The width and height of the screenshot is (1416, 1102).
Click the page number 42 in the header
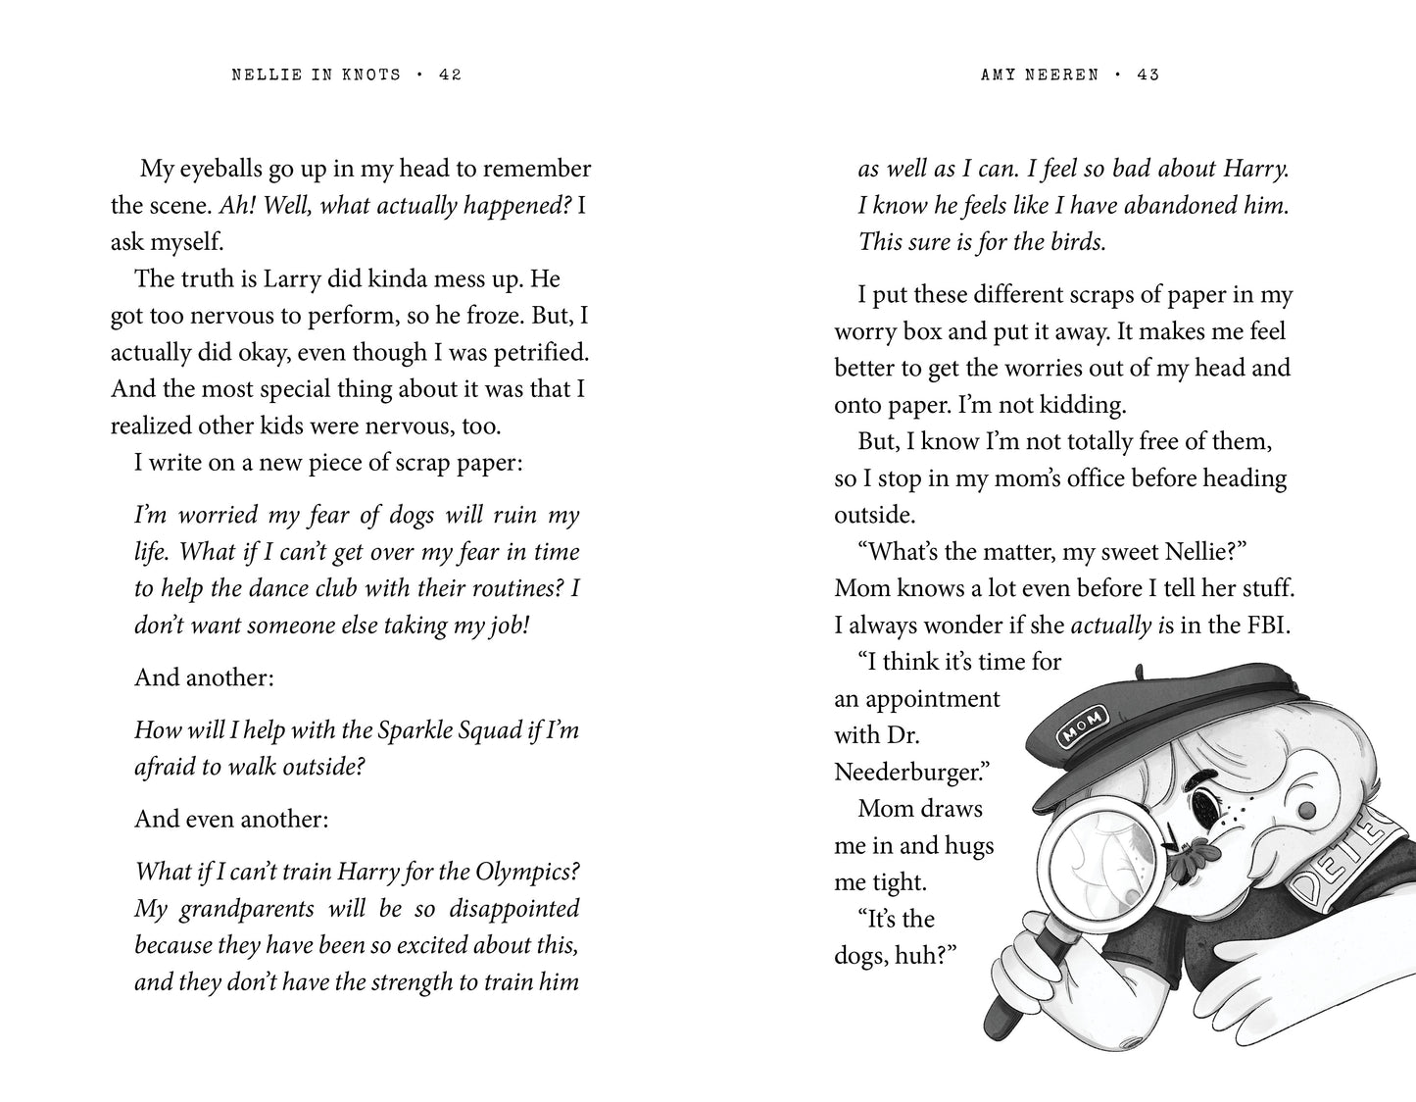point(450,75)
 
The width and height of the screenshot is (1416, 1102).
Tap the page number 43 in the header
point(1148,75)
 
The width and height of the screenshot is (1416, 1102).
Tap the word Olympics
point(528,871)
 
